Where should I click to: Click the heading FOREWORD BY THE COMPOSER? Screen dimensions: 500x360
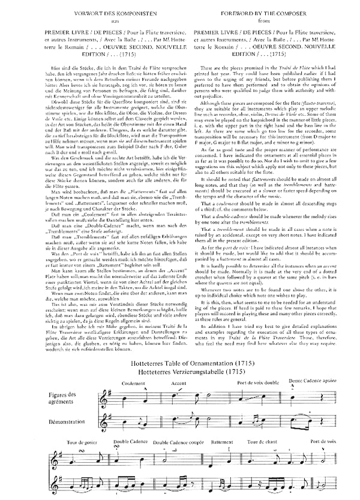coord(261,10)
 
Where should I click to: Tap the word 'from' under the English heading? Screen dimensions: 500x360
coord(261,19)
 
